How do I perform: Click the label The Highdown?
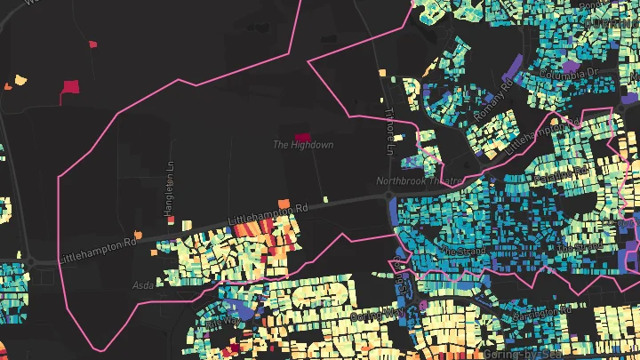302,144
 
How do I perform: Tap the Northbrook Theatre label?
420,181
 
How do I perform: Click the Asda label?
142,285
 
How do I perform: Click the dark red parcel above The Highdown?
304,132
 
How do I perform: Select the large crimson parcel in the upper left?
70,86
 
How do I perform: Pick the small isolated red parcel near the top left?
92,42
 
